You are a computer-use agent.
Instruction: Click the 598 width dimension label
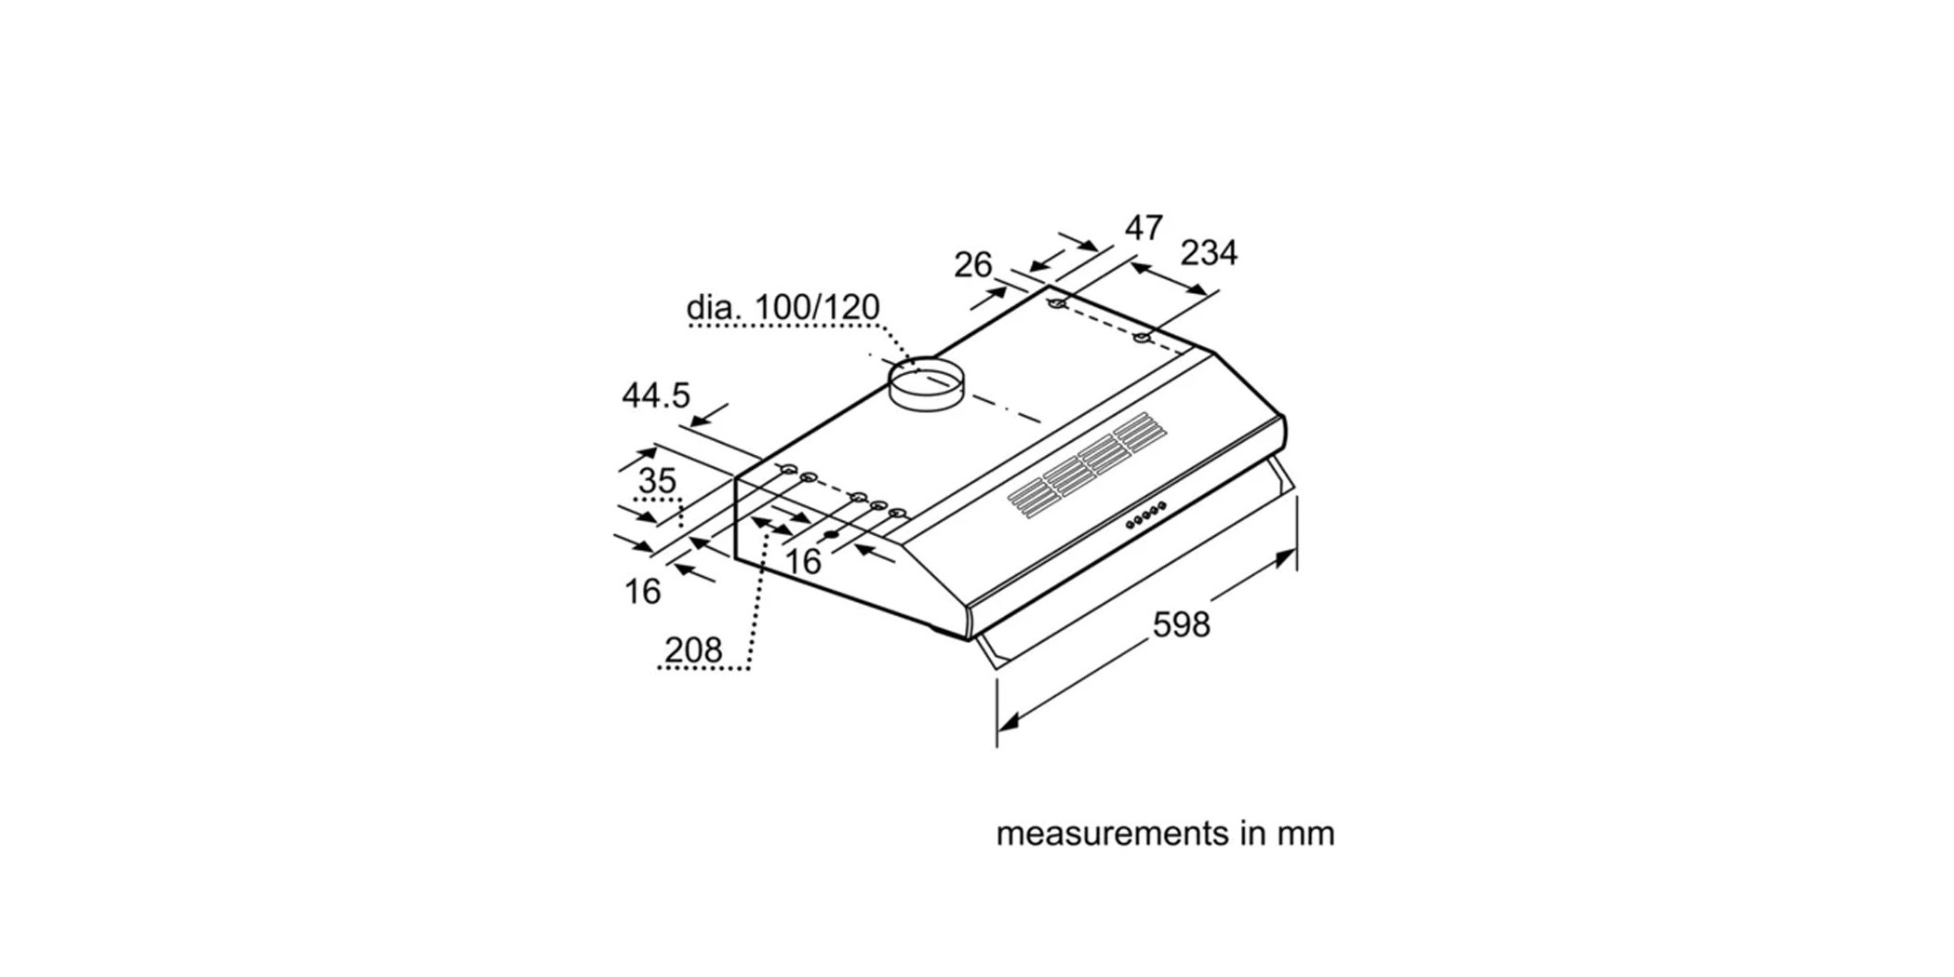tap(1181, 624)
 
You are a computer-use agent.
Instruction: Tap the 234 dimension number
tap(1209, 252)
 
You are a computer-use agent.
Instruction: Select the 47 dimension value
tap(1144, 228)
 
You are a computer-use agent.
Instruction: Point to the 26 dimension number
tap(972, 265)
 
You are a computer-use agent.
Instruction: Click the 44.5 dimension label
tap(656, 395)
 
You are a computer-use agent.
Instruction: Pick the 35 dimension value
tap(657, 481)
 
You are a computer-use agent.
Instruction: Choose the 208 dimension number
tap(693, 649)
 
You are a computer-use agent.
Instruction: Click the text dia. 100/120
tap(783, 307)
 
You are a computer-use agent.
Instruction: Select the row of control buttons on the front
tap(1145, 515)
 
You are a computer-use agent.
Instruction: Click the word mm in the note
tap(1305, 833)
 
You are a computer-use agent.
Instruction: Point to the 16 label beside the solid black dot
tap(803, 561)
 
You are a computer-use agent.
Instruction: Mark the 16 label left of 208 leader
tap(642, 591)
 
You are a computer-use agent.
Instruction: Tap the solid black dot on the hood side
tap(831, 535)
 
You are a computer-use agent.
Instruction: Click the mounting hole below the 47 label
tap(1056, 304)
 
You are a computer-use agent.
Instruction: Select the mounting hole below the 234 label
tap(1142, 337)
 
